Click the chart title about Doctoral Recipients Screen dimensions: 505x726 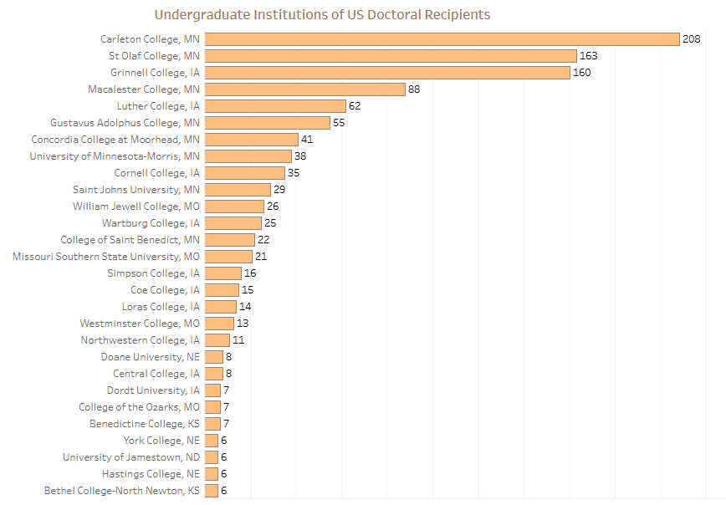(x=322, y=15)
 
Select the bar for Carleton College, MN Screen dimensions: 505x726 (x=442, y=39)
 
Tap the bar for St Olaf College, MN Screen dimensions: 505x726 (x=391, y=56)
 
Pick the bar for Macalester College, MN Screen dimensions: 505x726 (x=305, y=89)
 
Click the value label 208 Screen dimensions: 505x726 (x=691, y=39)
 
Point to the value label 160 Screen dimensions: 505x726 (x=582, y=73)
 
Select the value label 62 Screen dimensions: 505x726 (x=355, y=106)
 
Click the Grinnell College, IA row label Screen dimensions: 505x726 (x=155, y=73)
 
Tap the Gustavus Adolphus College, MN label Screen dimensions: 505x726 (x=125, y=123)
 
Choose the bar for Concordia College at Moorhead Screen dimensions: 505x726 (x=252, y=140)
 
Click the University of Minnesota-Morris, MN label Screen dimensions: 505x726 (x=115, y=156)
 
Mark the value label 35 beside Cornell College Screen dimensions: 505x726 (x=293, y=173)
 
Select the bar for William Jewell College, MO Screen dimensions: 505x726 (x=234, y=207)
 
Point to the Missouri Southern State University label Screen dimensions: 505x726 (x=106, y=257)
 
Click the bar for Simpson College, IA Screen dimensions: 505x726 (x=223, y=273)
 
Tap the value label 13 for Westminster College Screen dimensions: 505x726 (x=243, y=324)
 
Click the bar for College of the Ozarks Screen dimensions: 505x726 (x=213, y=407)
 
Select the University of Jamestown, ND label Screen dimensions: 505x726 (x=131, y=457)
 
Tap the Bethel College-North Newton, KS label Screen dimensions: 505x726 (x=122, y=491)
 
